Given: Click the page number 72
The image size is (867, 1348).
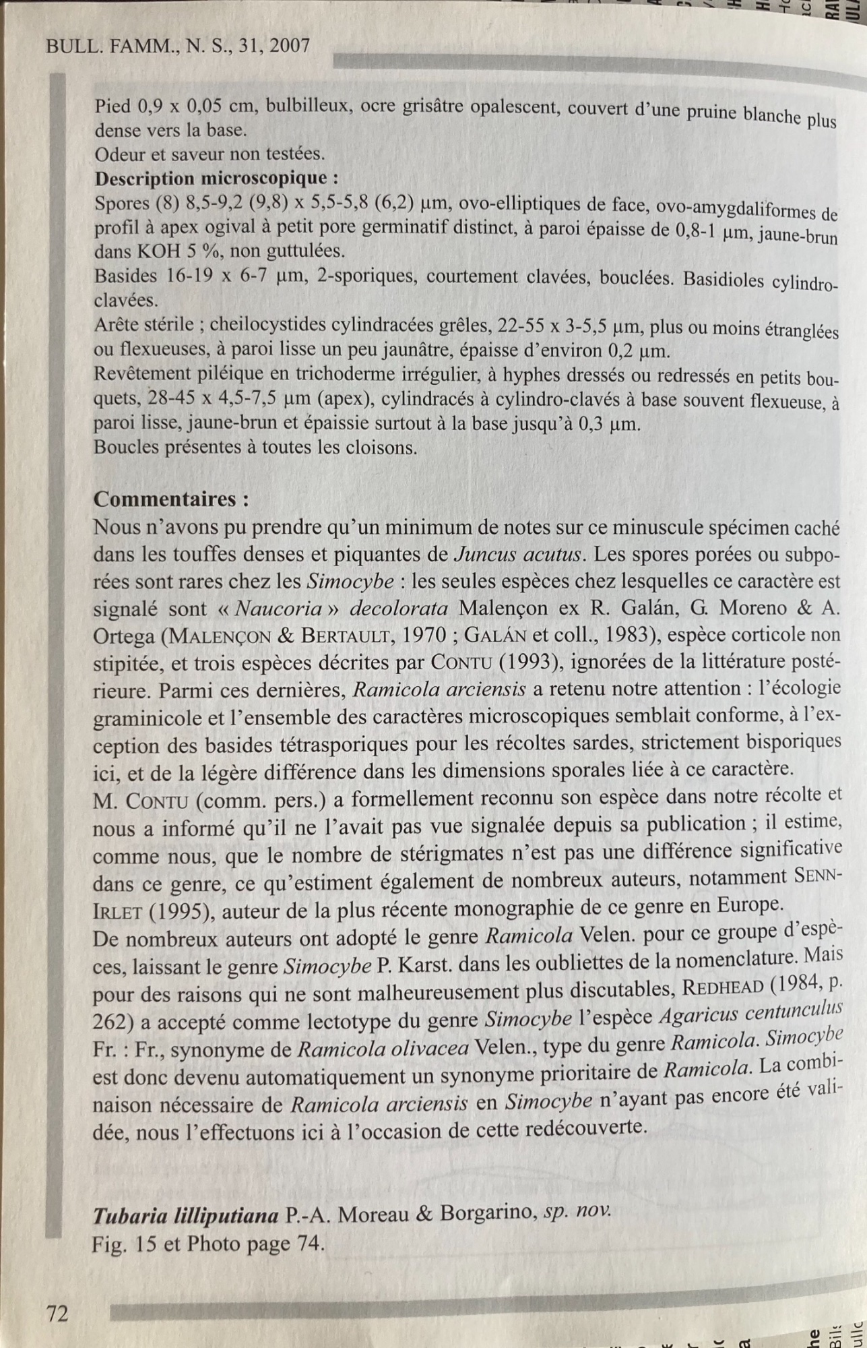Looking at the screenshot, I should (57, 1314).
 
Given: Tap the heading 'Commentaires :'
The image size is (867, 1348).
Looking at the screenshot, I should (171, 499).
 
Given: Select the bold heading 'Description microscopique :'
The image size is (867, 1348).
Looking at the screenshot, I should (216, 179).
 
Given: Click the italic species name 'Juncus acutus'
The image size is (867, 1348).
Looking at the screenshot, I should (518, 555).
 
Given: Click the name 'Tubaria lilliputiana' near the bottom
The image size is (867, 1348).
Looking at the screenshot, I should (186, 1215).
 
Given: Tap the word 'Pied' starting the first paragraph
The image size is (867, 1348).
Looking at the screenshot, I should (113, 106).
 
